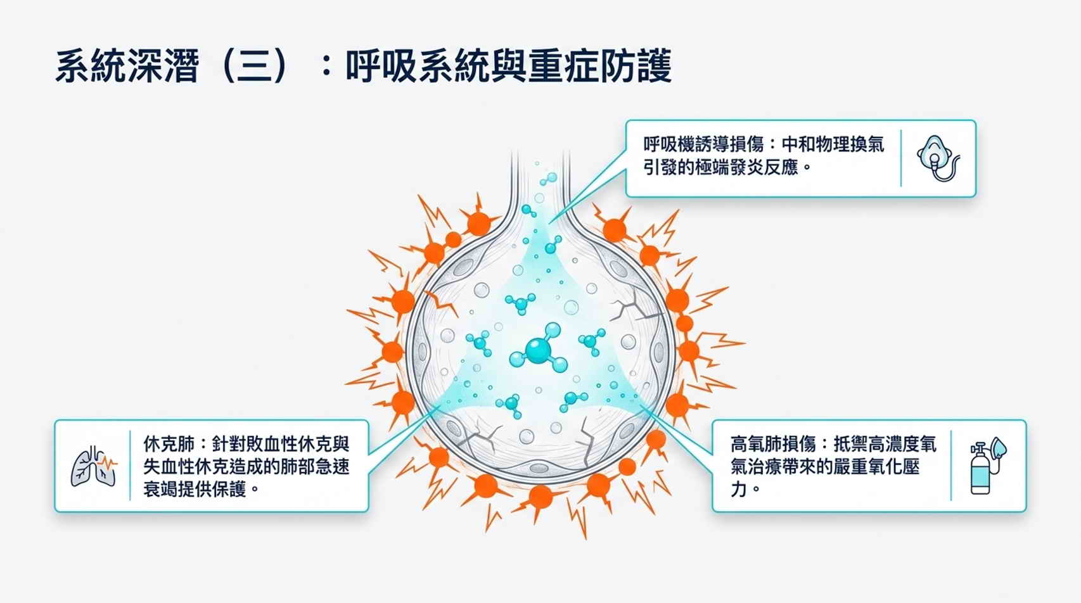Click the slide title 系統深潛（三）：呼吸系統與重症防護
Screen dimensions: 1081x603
tap(363, 66)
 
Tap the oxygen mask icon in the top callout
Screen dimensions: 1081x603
tap(938, 158)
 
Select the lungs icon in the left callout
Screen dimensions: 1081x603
tap(94, 466)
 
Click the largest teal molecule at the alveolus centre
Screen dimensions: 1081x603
tap(539, 349)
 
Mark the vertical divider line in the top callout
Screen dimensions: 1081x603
tap(901, 158)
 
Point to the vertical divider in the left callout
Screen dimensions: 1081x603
tap(130, 466)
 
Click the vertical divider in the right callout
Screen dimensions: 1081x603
tap(950, 466)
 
